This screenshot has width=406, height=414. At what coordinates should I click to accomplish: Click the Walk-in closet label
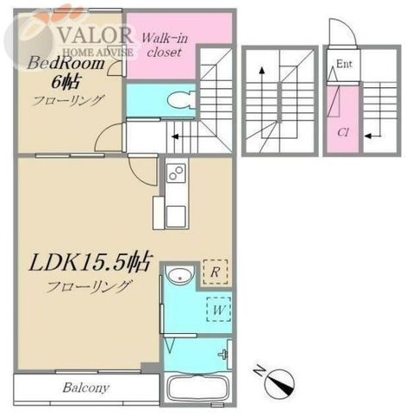click(x=165, y=45)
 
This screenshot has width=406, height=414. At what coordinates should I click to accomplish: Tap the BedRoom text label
click(x=66, y=63)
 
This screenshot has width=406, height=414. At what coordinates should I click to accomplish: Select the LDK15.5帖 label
click(x=90, y=262)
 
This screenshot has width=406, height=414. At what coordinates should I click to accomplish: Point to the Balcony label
click(x=86, y=388)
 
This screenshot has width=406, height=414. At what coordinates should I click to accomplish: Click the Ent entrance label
click(x=344, y=64)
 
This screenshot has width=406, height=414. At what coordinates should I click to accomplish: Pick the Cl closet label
click(x=343, y=133)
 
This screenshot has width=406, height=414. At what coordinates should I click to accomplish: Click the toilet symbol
click(x=182, y=100)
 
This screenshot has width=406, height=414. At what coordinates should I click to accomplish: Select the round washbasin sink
click(x=180, y=275)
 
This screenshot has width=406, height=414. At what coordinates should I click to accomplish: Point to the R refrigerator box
click(x=215, y=272)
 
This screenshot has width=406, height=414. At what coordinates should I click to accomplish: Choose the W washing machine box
click(x=219, y=310)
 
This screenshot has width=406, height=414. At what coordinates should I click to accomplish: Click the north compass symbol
click(x=278, y=381)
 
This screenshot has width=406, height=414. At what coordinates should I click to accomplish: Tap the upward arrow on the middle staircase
click(x=261, y=102)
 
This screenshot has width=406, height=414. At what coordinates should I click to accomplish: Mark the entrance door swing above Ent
click(x=342, y=32)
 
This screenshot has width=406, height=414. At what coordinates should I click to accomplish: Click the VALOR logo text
click(x=96, y=34)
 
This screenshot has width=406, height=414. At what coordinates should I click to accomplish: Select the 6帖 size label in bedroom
click(x=66, y=82)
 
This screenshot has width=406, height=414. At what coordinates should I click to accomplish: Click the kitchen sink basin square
click(x=176, y=216)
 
